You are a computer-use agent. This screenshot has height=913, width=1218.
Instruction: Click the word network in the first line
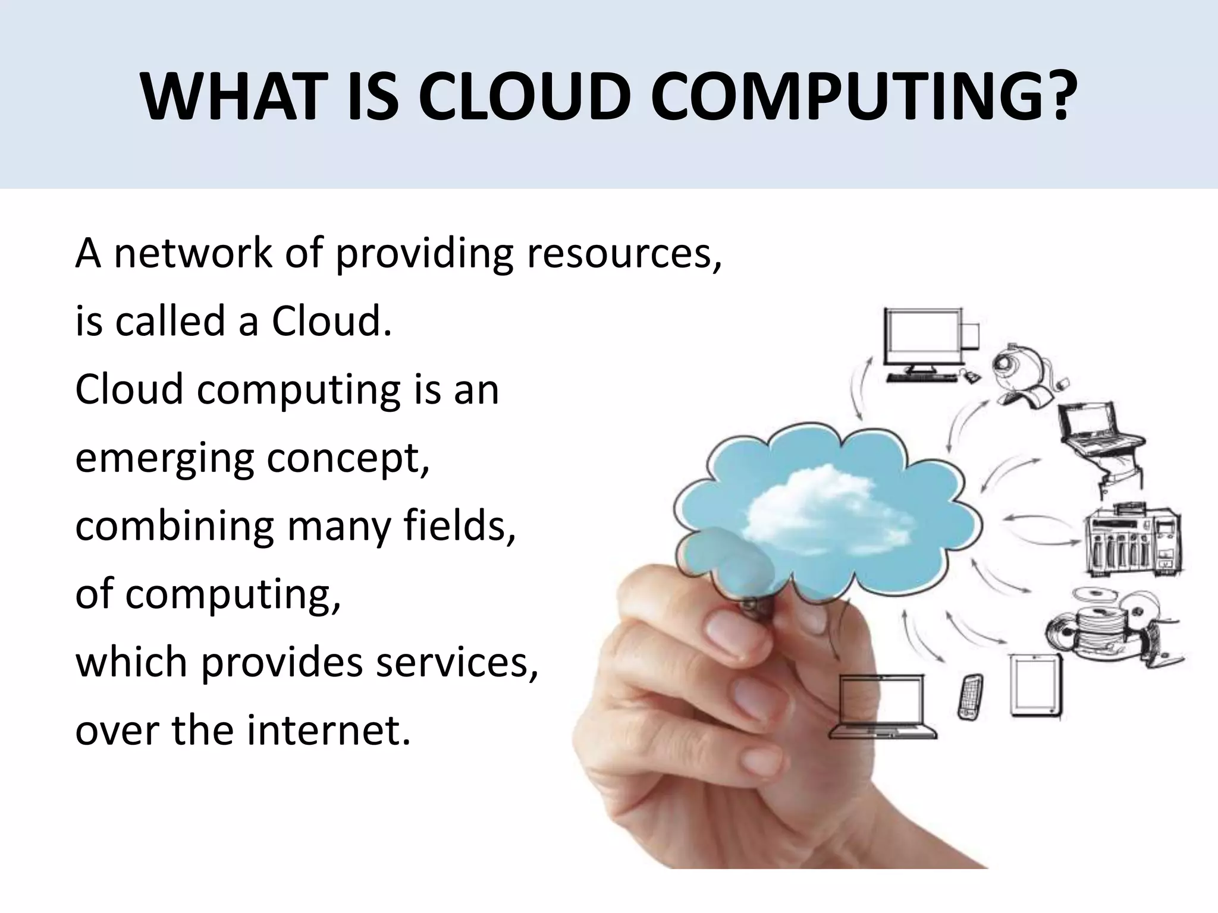(192, 253)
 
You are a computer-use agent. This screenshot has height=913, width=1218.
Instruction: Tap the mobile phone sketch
(970, 696)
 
